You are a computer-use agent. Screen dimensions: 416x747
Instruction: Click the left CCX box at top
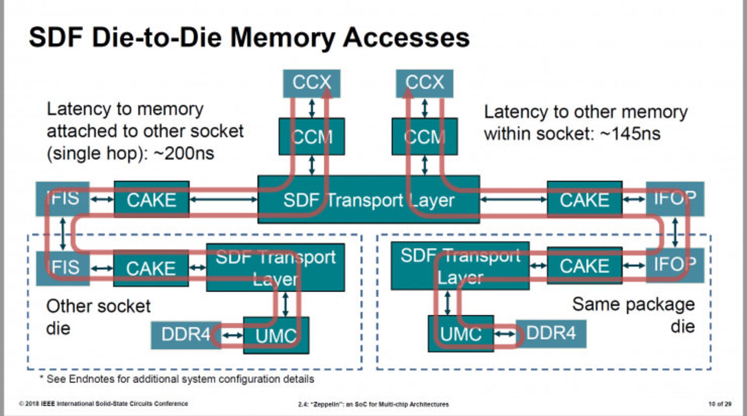point(311,83)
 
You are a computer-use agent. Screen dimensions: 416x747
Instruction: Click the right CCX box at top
point(424,83)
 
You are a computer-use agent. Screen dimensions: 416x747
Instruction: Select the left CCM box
point(311,137)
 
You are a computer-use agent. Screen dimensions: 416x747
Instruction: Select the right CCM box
point(424,137)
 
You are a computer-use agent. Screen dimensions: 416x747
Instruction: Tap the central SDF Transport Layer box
point(368,200)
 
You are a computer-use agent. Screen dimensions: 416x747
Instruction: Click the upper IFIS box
point(63,199)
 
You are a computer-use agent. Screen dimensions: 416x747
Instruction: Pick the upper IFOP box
point(675,199)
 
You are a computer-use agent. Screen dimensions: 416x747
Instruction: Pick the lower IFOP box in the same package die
point(675,265)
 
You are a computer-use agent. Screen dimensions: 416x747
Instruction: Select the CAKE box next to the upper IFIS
point(151,200)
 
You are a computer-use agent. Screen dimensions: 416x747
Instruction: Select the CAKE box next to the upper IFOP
point(584,200)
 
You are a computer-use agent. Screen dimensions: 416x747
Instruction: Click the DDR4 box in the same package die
point(551,334)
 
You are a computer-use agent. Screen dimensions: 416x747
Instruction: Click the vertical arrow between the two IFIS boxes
point(63,234)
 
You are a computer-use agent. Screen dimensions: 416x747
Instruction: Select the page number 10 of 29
point(719,404)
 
